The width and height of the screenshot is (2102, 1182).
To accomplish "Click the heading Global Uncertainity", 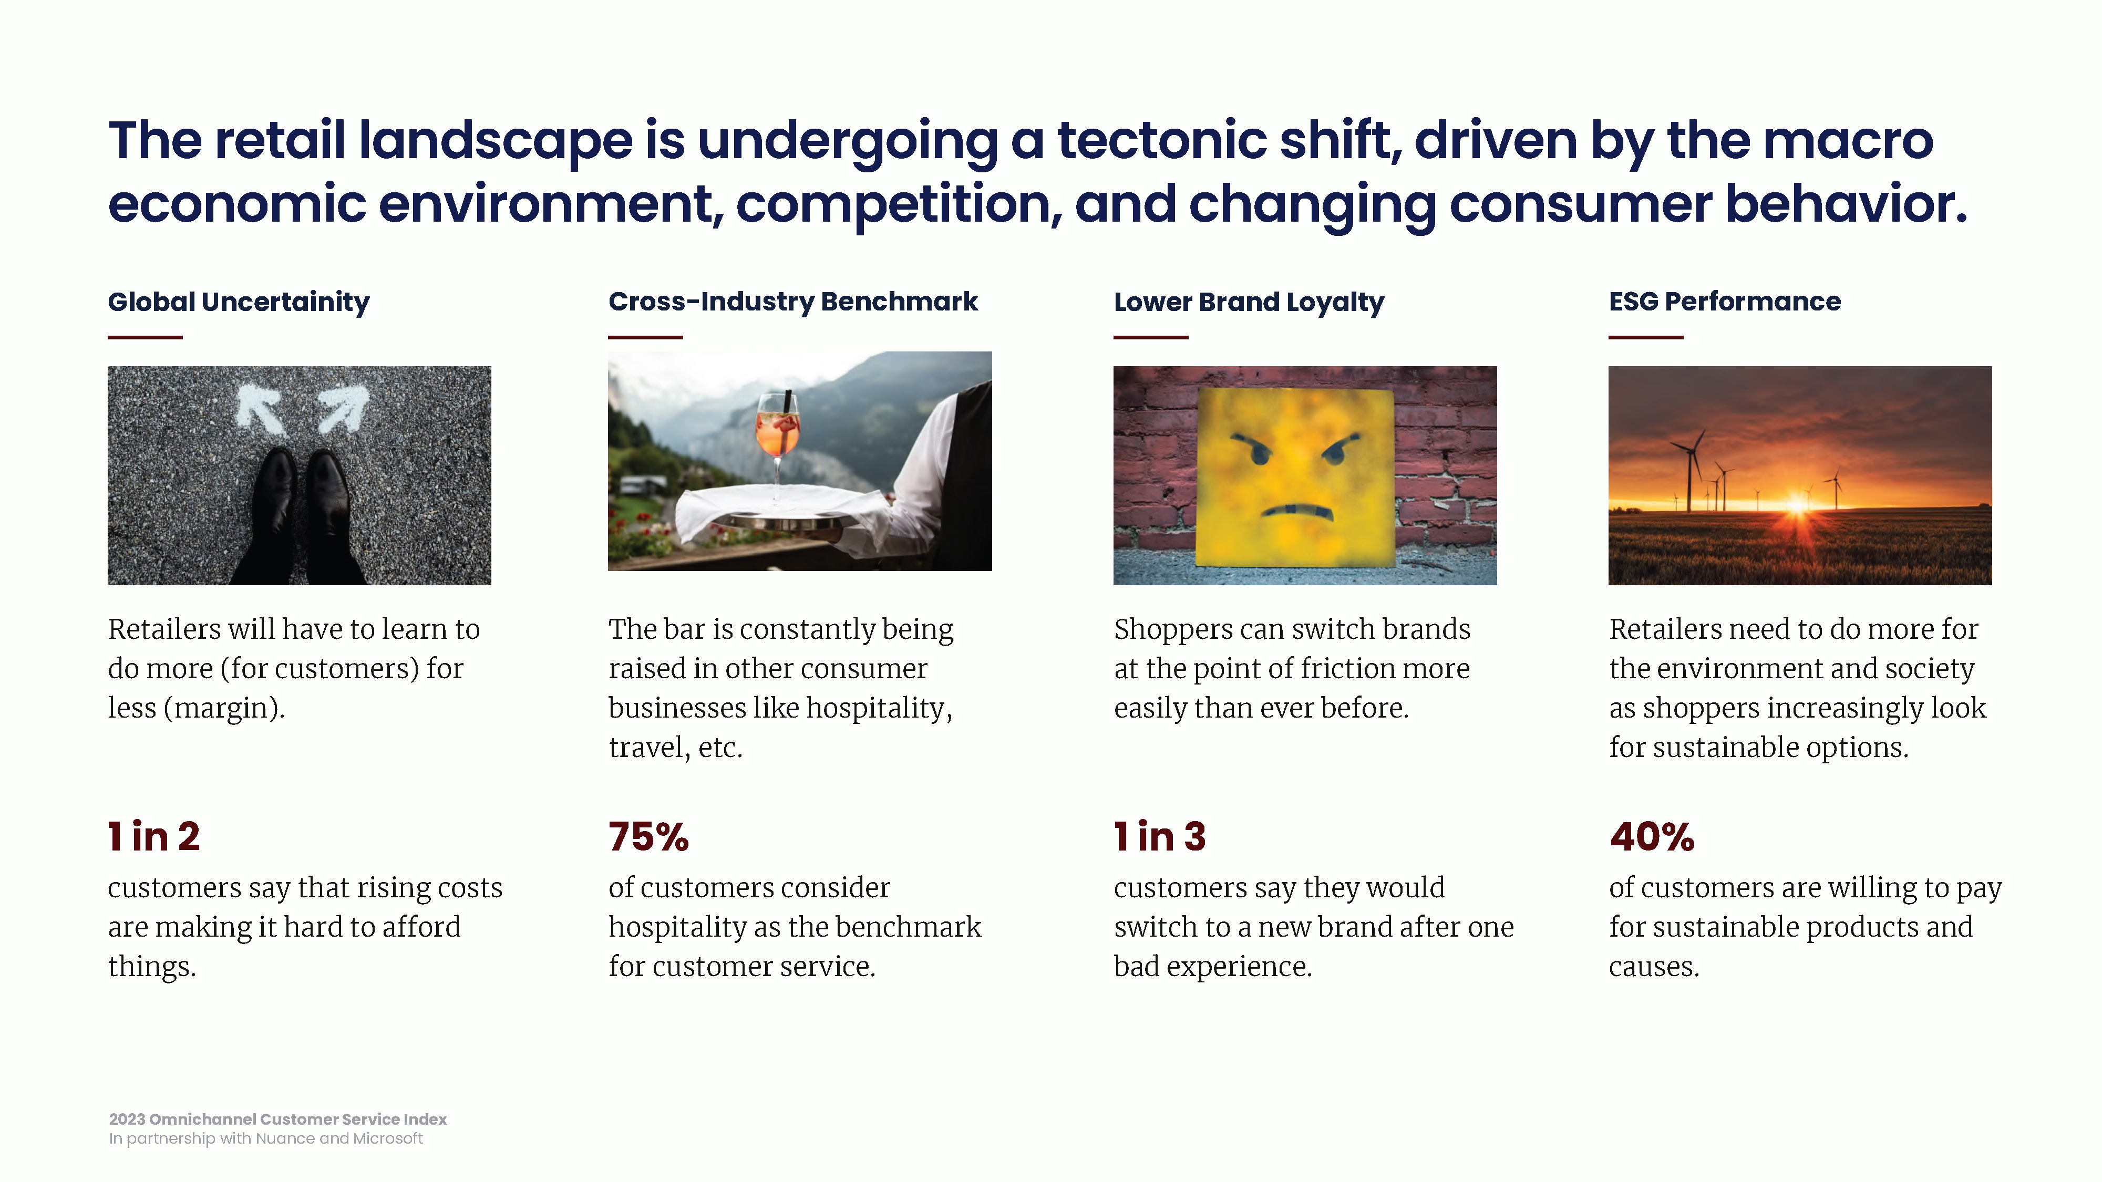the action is point(238,303).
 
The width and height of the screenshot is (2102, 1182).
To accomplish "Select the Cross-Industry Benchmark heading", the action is point(792,302).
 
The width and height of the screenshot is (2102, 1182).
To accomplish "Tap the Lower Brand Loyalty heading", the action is point(1249,303).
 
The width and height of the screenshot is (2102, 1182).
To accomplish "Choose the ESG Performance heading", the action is point(1724,302).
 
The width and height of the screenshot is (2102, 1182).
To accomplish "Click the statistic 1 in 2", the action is point(153,837).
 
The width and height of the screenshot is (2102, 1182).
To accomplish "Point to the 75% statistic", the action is point(648,837).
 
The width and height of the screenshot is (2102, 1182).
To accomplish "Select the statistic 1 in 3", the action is point(1160,837).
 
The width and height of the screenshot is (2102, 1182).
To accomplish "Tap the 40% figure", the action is point(1652,837).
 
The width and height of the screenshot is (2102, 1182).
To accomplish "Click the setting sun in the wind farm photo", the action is point(1798,503).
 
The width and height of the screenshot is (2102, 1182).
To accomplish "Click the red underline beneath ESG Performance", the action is point(1646,337).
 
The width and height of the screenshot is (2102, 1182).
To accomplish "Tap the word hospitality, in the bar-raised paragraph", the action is point(879,708).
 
